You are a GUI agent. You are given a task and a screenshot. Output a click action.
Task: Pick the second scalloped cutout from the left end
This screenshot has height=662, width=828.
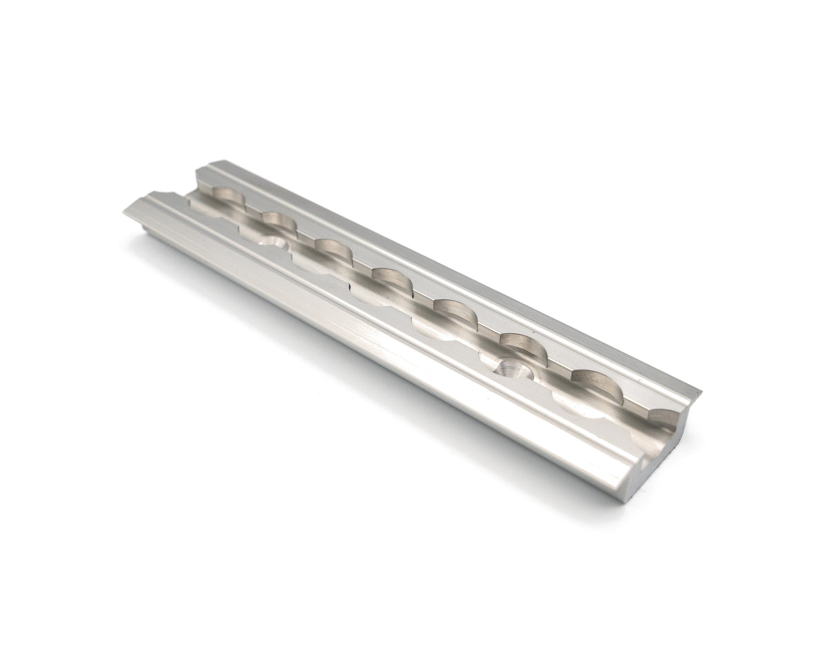pos(278,223)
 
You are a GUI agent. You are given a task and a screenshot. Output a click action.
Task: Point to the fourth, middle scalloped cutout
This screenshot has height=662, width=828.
pos(390,280)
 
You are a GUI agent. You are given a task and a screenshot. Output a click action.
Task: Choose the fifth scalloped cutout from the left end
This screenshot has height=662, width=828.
pos(452,312)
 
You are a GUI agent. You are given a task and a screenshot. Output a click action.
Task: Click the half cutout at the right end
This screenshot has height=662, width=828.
pos(664,419)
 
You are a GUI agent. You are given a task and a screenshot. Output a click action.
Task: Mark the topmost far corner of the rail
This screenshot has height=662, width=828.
pos(207,163)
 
